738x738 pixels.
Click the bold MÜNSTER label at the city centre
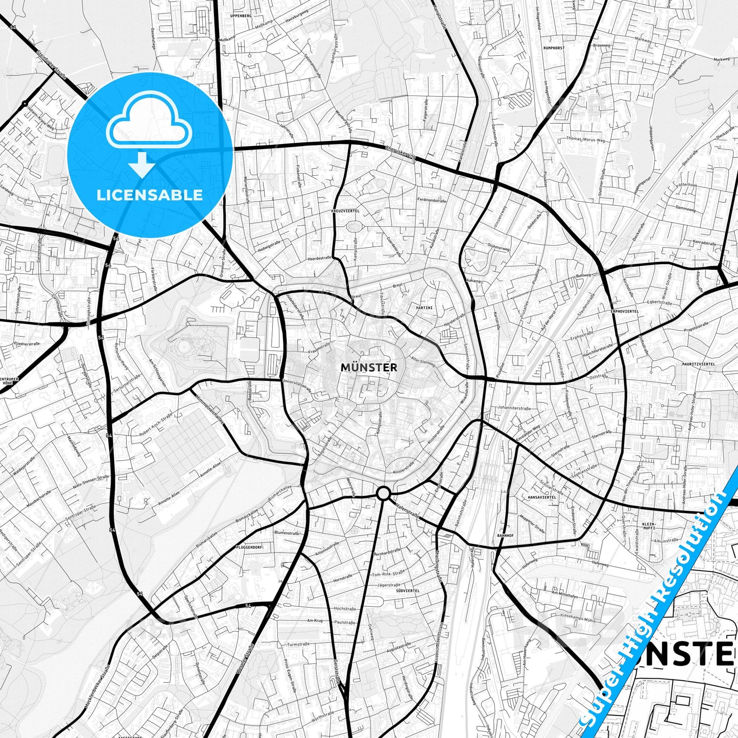click(x=368, y=367)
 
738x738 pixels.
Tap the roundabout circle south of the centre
click(x=384, y=493)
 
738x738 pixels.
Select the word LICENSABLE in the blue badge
click(x=150, y=195)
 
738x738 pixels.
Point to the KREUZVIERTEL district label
click(x=345, y=210)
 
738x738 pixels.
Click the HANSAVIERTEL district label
click(x=542, y=496)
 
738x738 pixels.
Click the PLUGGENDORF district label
click(x=249, y=546)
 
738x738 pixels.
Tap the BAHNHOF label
click(x=505, y=536)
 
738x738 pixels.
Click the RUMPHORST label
click(x=554, y=47)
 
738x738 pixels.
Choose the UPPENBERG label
click(x=241, y=16)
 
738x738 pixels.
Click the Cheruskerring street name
click(x=401, y=152)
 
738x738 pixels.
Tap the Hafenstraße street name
click(x=408, y=510)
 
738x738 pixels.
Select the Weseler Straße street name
click(x=245, y=660)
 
